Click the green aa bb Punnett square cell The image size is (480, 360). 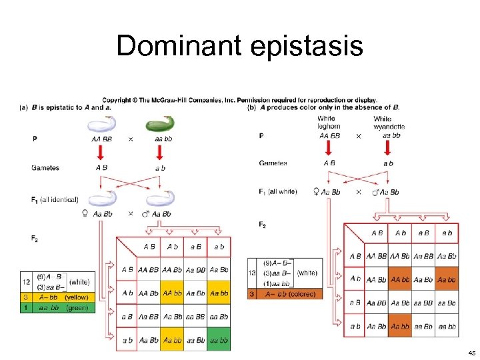click(219, 340)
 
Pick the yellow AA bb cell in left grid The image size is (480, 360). click(172, 293)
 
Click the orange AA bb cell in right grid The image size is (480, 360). click(400, 279)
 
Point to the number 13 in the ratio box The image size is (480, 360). click(252, 273)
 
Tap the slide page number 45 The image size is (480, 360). click(471, 353)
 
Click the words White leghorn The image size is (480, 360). click(329, 123)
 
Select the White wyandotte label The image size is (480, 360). click(389, 123)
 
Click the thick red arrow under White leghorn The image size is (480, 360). click(329, 147)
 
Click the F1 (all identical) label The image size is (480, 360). click(55, 199)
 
